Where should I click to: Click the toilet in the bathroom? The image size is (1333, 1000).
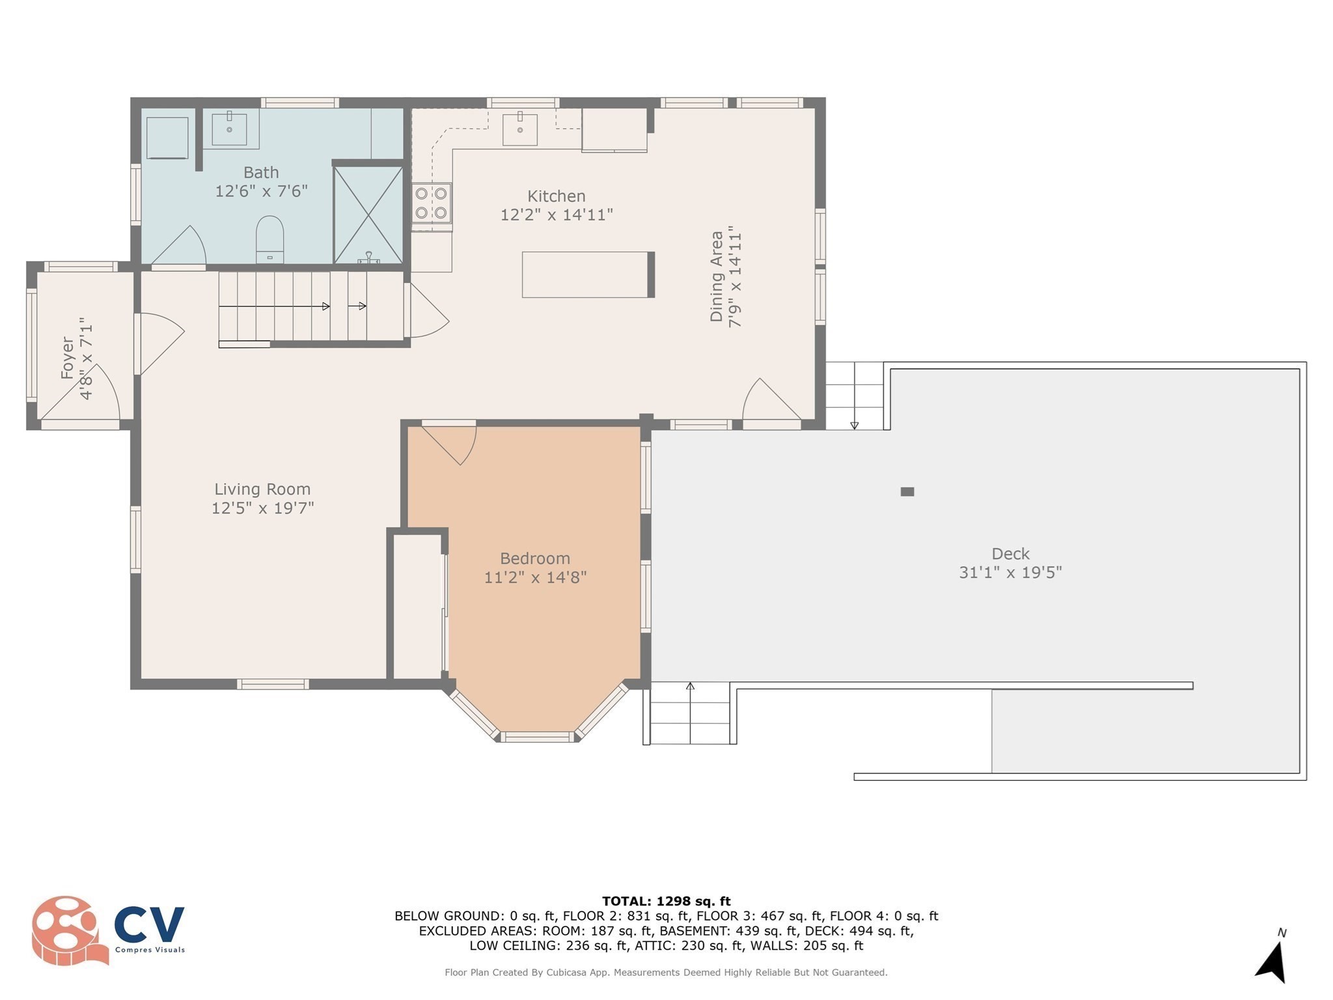coord(269,237)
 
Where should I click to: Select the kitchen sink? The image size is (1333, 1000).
coord(520,129)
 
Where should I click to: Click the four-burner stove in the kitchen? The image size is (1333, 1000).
coord(432,203)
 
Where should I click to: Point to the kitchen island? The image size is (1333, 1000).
coord(585,275)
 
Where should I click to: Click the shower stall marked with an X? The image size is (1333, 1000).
coord(368,215)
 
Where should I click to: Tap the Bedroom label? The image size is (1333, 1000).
coord(534,559)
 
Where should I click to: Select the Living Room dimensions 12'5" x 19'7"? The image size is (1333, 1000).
coord(262,508)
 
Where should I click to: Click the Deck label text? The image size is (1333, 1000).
coord(1010,554)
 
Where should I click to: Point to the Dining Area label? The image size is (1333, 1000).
coord(717,276)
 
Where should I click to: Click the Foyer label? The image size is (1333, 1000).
coord(68,357)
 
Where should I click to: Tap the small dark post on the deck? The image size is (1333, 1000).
coord(907,492)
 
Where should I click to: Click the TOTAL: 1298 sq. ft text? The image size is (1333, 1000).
coord(666,901)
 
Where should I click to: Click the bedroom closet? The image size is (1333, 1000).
coord(417,605)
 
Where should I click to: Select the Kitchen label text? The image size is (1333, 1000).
coord(556,196)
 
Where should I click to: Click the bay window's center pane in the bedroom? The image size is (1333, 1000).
coord(538,737)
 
